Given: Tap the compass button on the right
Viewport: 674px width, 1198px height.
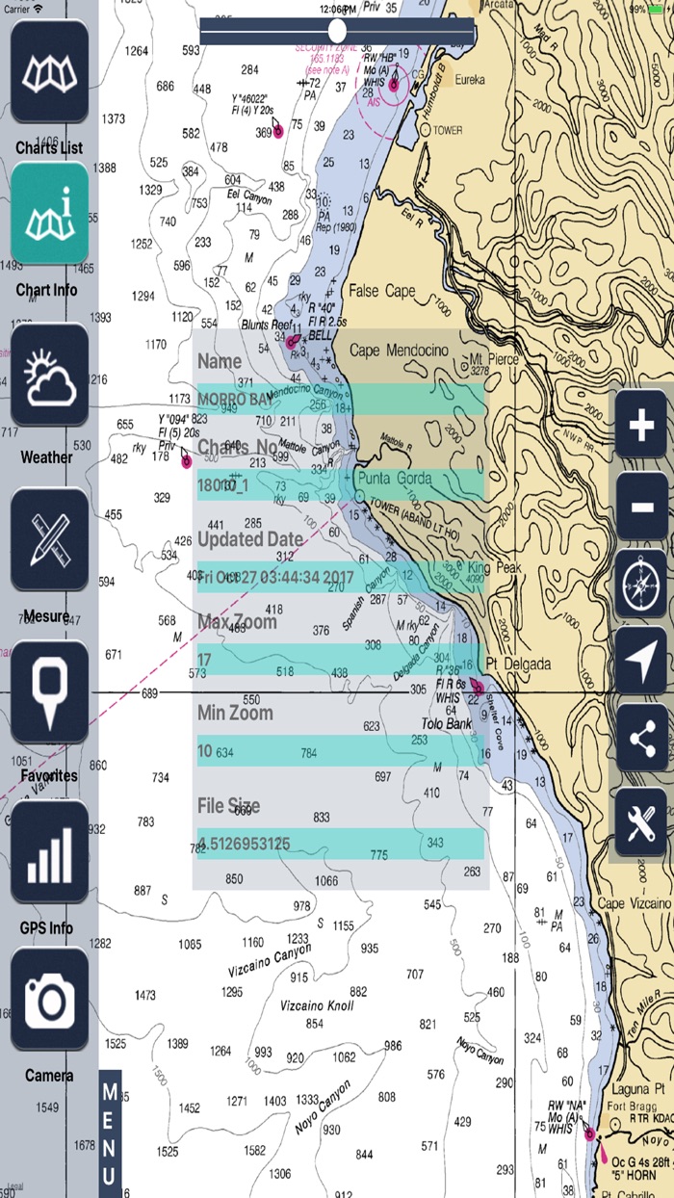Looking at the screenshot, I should point(641,585).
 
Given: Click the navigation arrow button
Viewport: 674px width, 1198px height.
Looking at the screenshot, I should point(641,660).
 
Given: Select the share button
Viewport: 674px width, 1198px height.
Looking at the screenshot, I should point(641,738).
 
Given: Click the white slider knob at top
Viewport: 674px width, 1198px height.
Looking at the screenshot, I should point(337,30).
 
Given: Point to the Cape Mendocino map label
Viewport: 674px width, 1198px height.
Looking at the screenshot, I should point(399,352).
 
